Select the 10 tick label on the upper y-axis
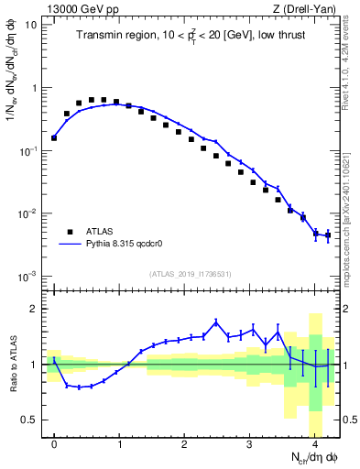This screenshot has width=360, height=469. (30, 25)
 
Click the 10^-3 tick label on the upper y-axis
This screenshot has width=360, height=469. (27, 276)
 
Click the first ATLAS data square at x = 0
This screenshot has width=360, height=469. (54, 138)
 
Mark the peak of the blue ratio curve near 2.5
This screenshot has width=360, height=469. (216, 322)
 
